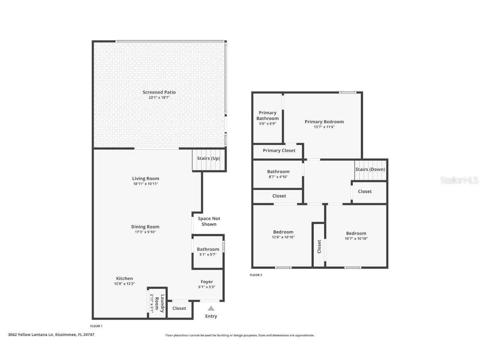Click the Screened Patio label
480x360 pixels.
point(159,92)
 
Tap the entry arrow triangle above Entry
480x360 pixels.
point(211,308)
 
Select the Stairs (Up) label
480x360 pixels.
point(209,158)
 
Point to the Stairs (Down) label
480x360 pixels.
point(370,170)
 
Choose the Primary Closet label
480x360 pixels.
point(279,150)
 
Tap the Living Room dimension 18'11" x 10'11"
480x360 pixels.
point(145,184)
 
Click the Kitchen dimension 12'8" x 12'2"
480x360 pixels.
point(124,283)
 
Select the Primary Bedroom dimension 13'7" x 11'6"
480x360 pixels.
point(324,127)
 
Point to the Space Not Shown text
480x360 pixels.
point(209,221)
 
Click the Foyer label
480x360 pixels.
point(207,282)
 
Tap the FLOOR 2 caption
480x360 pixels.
point(256,275)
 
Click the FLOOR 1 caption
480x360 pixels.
point(96,326)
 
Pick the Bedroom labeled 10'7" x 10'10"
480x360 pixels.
point(356,233)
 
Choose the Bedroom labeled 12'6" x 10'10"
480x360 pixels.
point(283,232)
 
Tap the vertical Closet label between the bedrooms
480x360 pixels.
point(319,246)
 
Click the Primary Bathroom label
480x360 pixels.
point(267,115)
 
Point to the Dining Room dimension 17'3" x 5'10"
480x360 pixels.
point(145,232)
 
